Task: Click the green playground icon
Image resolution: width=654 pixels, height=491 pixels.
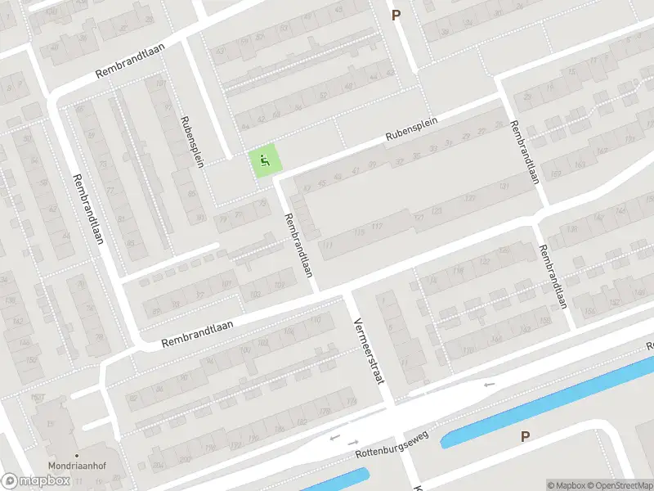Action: [263, 160]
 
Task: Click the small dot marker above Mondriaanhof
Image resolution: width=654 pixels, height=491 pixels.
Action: [76, 455]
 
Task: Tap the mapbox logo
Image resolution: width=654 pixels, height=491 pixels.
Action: [36, 481]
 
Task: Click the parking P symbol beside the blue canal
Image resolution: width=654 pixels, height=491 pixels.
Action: [525, 436]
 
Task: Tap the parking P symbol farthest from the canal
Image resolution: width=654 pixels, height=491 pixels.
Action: [396, 14]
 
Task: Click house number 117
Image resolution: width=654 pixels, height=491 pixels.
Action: [376, 227]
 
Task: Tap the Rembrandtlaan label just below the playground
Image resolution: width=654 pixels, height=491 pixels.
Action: [298, 245]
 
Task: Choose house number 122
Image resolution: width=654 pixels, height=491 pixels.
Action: [484, 262]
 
